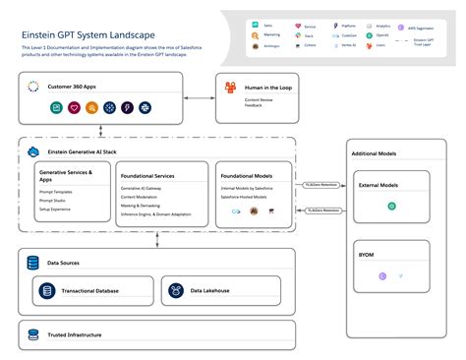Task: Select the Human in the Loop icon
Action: (230, 89)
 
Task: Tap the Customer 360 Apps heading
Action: (73, 88)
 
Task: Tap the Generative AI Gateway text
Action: (146, 187)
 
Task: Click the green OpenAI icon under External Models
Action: (391, 207)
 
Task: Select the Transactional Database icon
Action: (46, 290)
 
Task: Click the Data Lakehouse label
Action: (210, 291)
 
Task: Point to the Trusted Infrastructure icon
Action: (34, 335)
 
